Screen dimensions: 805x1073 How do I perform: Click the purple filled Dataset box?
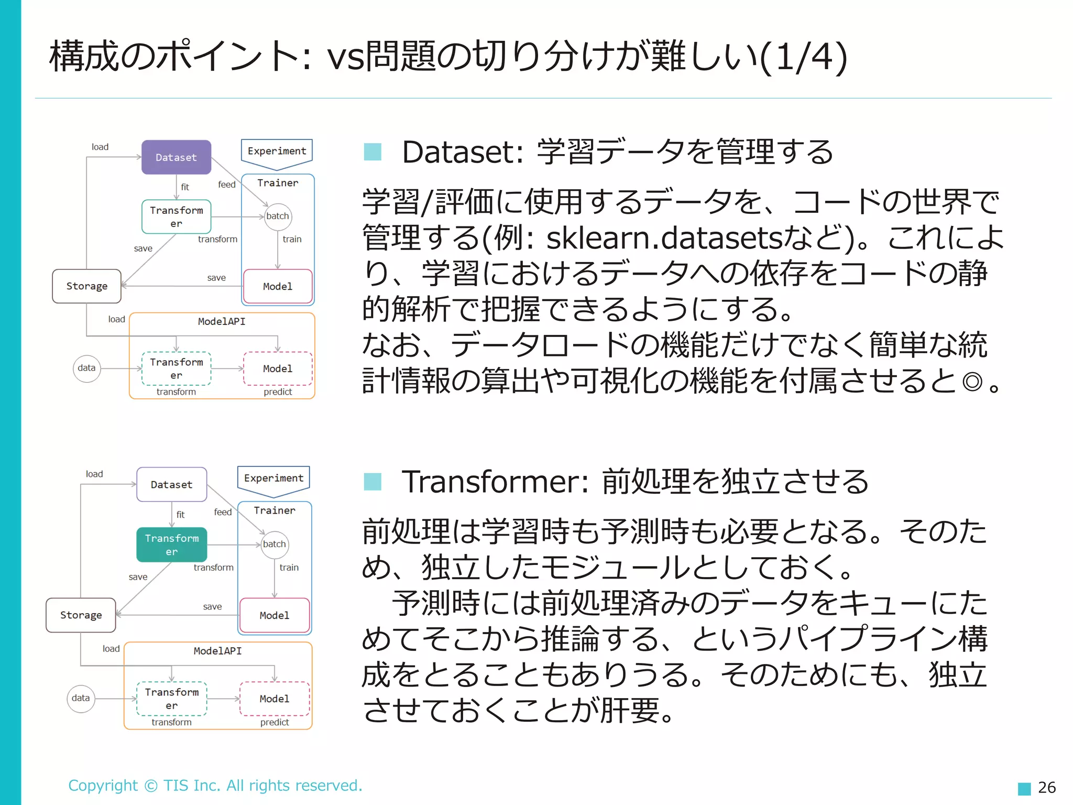click(176, 157)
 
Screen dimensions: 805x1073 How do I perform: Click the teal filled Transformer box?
click(172, 545)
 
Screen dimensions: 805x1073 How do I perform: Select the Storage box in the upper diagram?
click(86, 286)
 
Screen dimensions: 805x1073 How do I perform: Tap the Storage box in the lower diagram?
click(81, 615)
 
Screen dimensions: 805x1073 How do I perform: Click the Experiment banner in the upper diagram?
click(277, 151)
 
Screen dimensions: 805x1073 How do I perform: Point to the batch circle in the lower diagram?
click(275, 544)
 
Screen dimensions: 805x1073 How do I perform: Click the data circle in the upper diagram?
click(86, 368)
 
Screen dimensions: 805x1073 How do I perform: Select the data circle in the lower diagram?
click(81, 698)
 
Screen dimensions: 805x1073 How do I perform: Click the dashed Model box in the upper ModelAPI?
click(278, 369)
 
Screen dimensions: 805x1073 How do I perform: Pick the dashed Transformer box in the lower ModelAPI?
click(172, 699)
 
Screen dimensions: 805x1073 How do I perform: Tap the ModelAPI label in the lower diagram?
click(217, 651)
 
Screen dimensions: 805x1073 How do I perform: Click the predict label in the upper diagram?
click(278, 392)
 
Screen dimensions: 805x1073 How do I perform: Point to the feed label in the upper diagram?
click(227, 184)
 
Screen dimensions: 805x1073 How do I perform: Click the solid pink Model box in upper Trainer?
click(278, 287)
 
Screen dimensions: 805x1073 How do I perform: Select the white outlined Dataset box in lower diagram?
click(172, 485)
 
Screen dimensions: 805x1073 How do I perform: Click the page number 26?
click(1046, 787)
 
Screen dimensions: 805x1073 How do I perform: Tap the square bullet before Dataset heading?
click(373, 152)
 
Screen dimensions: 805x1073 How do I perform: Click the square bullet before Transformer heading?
click(373, 481)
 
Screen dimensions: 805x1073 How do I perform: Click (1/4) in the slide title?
click(803, 57)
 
